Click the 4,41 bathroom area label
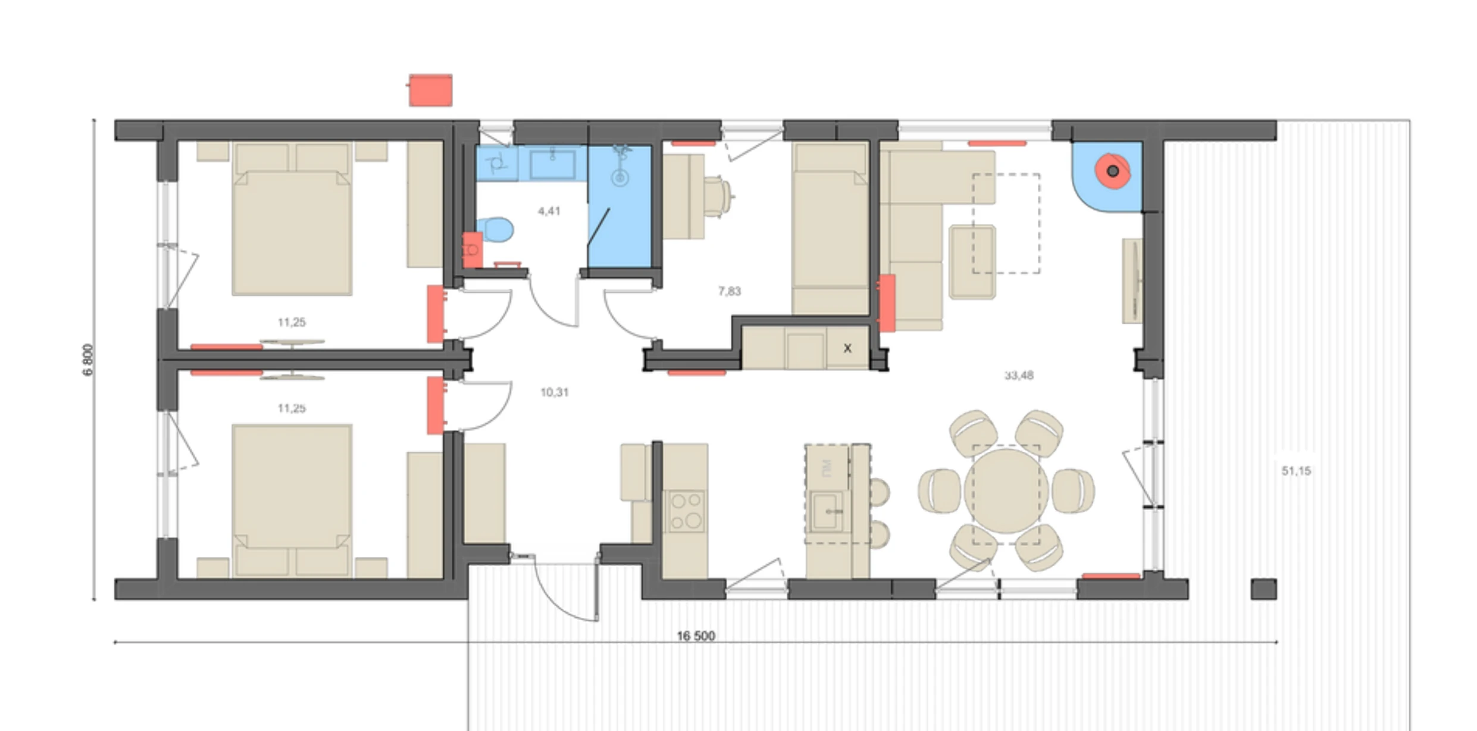[549, 211]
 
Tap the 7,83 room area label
[729, 291]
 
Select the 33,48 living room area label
[1019, 375]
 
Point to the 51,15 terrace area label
[1296, 471]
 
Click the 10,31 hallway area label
[554, 392]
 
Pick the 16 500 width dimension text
[696, 636]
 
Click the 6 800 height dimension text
[88, 360]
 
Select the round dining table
[1006, 491]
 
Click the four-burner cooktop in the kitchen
[686, 511]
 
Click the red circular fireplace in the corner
[1112, 171]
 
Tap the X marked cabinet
[847, 348]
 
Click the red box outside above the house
[430, 90]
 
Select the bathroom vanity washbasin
[552, 164]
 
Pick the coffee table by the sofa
[972, 262]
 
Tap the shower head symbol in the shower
[620, 177]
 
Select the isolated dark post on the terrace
[1263, 589]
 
